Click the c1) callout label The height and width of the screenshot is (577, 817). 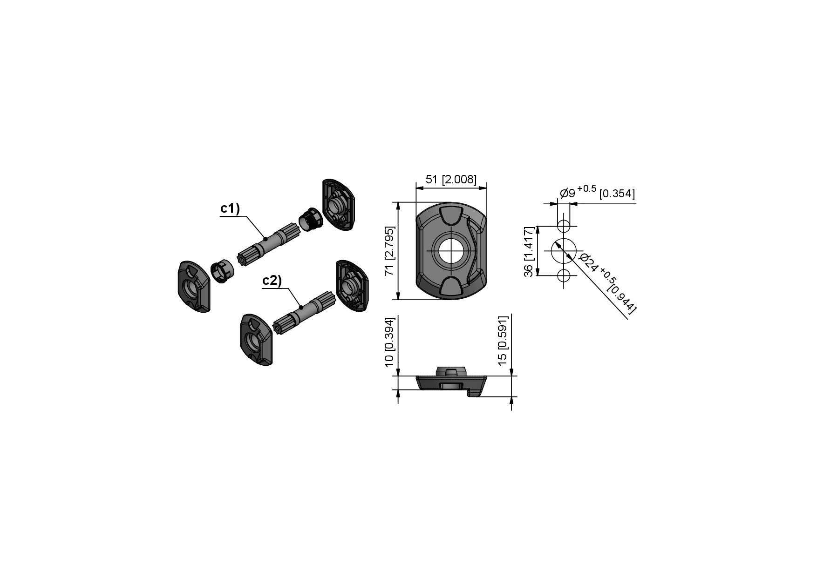click(230, 209)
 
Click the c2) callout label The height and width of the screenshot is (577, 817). click(272, 281)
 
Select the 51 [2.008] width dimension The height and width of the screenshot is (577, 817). click(451, 179)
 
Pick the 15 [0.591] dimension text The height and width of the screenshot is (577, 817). click(503, 341)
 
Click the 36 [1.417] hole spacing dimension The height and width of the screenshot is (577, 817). click(529, 252)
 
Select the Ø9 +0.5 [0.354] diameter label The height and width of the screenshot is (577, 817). click(597, 192)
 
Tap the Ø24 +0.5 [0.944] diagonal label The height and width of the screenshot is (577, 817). click(608, 283)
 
